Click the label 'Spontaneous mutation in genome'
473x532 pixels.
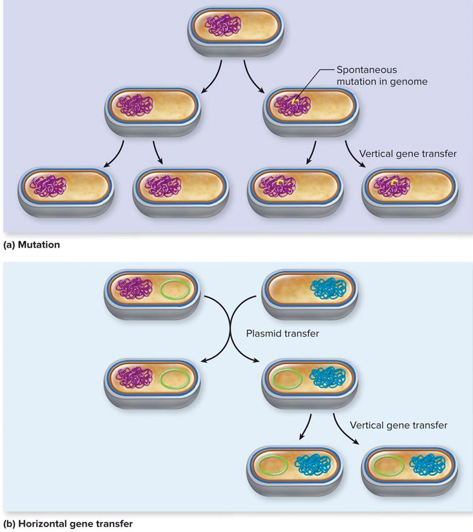tap(382, 75)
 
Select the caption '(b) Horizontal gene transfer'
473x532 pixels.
tap(68, 523)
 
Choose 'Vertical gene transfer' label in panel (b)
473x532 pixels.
tap(399, 424)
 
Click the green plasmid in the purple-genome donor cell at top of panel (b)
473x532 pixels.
tap(176, 290)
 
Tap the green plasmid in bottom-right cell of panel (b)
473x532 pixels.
tap(387, 467)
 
